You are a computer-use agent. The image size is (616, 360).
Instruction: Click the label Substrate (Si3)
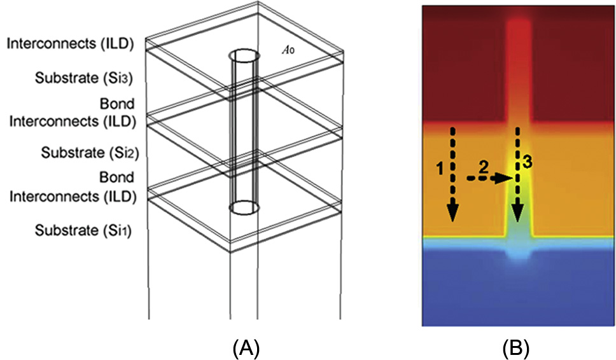[88, 80]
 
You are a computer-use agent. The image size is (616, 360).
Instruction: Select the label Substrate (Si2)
[88, 153]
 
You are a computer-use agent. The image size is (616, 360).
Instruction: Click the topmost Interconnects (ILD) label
[70, 43]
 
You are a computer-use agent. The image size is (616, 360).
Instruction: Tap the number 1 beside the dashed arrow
[441, 169]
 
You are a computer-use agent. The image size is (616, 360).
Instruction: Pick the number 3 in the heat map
[528, 163]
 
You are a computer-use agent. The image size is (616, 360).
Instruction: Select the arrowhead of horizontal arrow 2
[507, 179]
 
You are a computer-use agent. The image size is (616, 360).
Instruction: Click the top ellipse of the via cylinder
[244, 55]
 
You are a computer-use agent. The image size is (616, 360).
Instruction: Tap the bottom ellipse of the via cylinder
[244, 207]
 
